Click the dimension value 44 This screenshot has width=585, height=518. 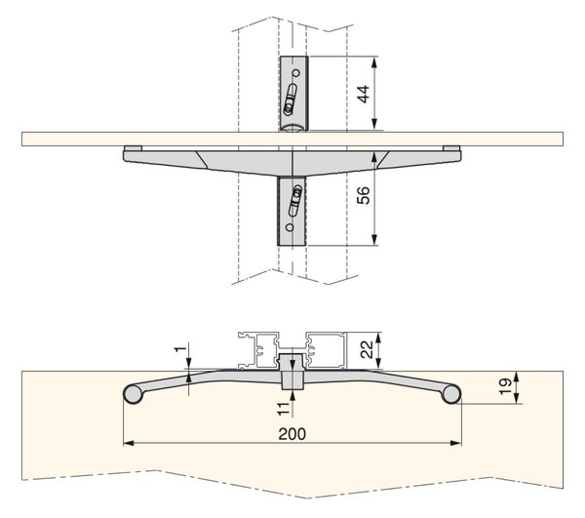point(363,94)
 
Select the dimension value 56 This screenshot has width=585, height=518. point(363,195)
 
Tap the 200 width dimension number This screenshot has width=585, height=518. point(292,434)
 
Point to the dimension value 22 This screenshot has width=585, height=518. point(367,349)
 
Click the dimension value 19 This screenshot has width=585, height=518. point(504,386)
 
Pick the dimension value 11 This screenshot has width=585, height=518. point(284,409)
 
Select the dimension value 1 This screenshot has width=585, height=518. point(180,349)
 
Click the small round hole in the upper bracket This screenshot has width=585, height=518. point(296,73)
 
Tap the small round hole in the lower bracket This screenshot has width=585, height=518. point(290,227)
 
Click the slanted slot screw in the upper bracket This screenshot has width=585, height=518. point(291,100)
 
